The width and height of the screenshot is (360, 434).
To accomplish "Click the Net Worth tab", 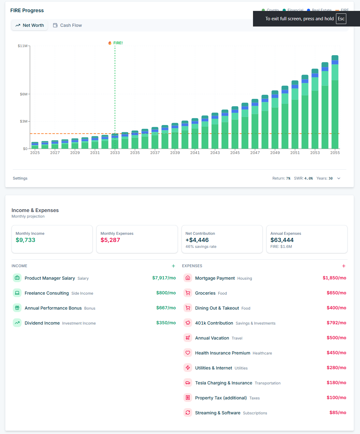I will (30, 25).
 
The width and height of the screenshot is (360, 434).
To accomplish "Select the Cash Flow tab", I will (67, 25).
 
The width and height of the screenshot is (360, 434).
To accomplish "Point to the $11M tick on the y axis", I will (22, 46).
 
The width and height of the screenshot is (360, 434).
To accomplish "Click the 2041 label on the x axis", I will (195, 153).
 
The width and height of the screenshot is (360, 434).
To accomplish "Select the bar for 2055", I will (335, 103).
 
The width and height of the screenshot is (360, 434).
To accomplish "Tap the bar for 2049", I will (275, 120).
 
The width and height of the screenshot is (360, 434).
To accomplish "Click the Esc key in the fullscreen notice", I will (341, 19).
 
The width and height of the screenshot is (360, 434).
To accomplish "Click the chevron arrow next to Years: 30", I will (339, 178).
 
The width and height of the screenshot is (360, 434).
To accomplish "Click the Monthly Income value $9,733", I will (26, 240).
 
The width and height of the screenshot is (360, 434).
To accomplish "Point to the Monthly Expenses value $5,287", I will (110, 240).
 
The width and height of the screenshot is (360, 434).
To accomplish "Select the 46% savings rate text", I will (201, 247).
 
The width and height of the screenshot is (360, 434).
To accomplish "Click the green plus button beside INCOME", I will (173, 266).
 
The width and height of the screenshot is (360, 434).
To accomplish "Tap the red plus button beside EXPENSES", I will (344, 266).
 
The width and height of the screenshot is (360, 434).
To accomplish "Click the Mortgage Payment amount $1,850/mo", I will (334, 278).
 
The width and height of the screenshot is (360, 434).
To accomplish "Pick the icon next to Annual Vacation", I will (188, 338).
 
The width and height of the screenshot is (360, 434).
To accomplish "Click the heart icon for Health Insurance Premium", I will (188, 353).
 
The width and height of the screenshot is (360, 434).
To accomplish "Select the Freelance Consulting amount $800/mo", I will (166, 293).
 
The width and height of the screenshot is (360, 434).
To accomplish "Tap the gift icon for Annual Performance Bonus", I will (17, 308).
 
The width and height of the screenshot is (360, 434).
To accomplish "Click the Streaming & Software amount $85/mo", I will (338, 412).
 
